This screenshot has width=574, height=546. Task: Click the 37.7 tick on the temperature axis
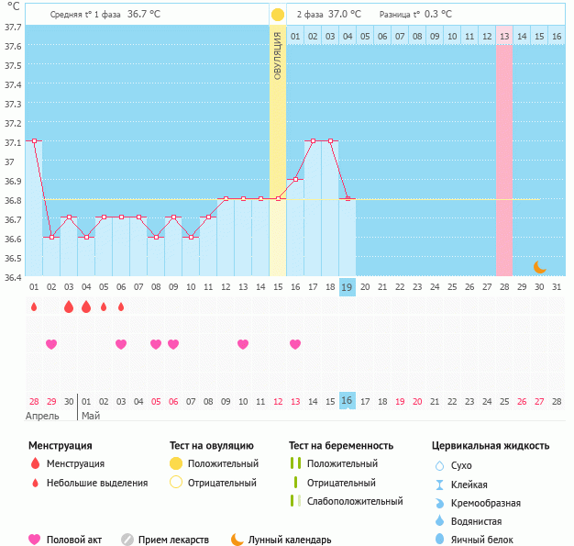[x=13, y=28]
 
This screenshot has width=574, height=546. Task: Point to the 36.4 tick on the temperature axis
[x=13, y=277]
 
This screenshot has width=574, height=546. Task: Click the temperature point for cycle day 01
[x=34, y=140]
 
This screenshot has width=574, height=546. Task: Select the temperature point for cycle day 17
[x=313, y=140]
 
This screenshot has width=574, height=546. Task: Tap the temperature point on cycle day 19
[x=348, y=198]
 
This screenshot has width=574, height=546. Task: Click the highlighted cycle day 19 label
[x=348, y=287]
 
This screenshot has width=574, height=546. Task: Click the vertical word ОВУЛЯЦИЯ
[x=278, y=54]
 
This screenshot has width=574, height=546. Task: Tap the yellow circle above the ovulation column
[x=278, y=16]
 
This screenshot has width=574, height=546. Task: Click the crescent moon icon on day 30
[x=540, y=267]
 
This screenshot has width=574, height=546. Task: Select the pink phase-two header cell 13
[x=504, y=36]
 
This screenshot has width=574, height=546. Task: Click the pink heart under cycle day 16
[x=295, y=344]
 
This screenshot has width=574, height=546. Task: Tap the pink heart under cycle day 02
[x=51, y=344]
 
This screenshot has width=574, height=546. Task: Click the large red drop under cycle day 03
[x=69, y=306]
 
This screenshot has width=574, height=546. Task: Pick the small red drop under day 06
[x=121, y=306]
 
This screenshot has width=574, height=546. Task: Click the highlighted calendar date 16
[x=348, y=401]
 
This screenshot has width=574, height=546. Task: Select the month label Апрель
[x=42, y=416]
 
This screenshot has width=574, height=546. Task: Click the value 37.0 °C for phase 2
[x=345, y=15]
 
